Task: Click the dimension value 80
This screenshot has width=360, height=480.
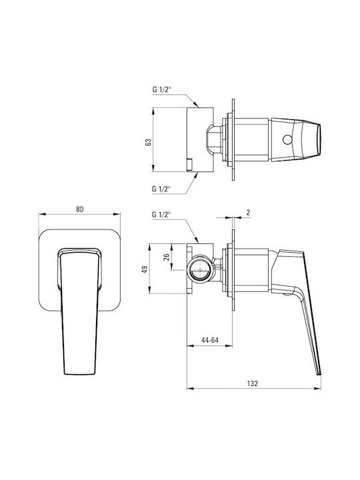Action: click(x=79, y=209)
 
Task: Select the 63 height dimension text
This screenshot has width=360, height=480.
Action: click(x=148, y=143)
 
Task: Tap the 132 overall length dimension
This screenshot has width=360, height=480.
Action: click(x=253, y=383)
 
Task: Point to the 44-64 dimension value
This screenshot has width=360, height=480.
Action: click(x=210, y=340)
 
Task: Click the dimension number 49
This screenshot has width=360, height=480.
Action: click(x=145, y=269)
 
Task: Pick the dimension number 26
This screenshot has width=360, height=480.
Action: click(x=167, y=257)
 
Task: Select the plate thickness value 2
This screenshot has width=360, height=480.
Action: click(x=248, y=213)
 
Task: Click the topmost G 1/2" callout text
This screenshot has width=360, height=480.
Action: click(x=162, y=90)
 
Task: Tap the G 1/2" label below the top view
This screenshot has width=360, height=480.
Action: click(x=161, y=189)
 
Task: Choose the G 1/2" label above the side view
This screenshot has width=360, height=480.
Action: click(x=161, y=215)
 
